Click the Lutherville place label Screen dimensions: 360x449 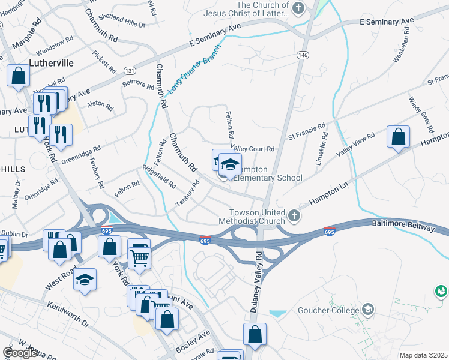(x=51, y=62)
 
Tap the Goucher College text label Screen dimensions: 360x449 (x=328, y=310)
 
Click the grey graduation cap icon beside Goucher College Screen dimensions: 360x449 (x=368, y=310)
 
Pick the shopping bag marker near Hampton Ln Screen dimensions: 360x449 (x=398, y=137)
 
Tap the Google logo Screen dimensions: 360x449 (x=20, y=353)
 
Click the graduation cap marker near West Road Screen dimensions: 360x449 (x=85, y=280)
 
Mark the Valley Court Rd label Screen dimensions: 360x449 (x=252, y=149)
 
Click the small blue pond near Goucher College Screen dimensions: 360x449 (x=278, y=313)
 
